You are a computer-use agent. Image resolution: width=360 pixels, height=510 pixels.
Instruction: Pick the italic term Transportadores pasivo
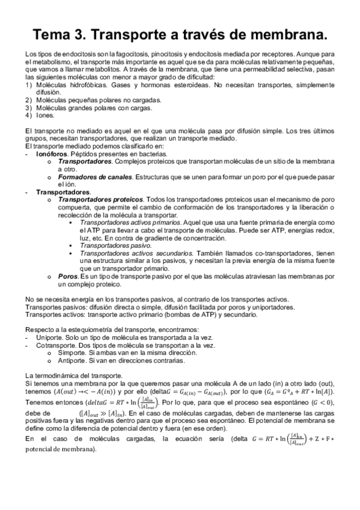(x=116, y=245)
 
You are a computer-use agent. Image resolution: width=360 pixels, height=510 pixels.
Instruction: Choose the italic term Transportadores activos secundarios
(x=134, y=253)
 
